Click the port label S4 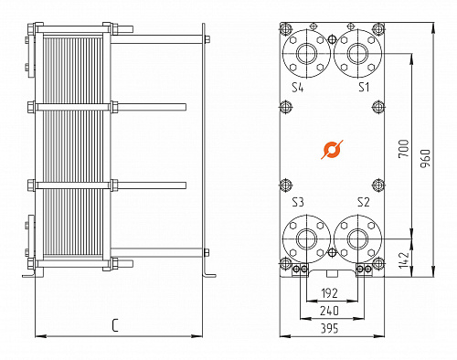pyautogui.click(x=298, y=88)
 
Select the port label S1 pyautogui.click(x=364, y=88)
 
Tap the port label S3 pyautogui.click(x=298, y=202)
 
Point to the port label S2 pyautogui.click(x=364, y=202)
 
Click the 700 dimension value pyautogui.click(x=403, y=148)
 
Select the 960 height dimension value pyautogui.click(x=425, y=158)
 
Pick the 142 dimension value pyautogui.click(x=403, y=259)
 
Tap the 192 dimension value pyautogui.click(x=330, y=293)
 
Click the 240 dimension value pyautogui.click(x=329, y=311)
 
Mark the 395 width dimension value pyautogui.click(x=329, y=328)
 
